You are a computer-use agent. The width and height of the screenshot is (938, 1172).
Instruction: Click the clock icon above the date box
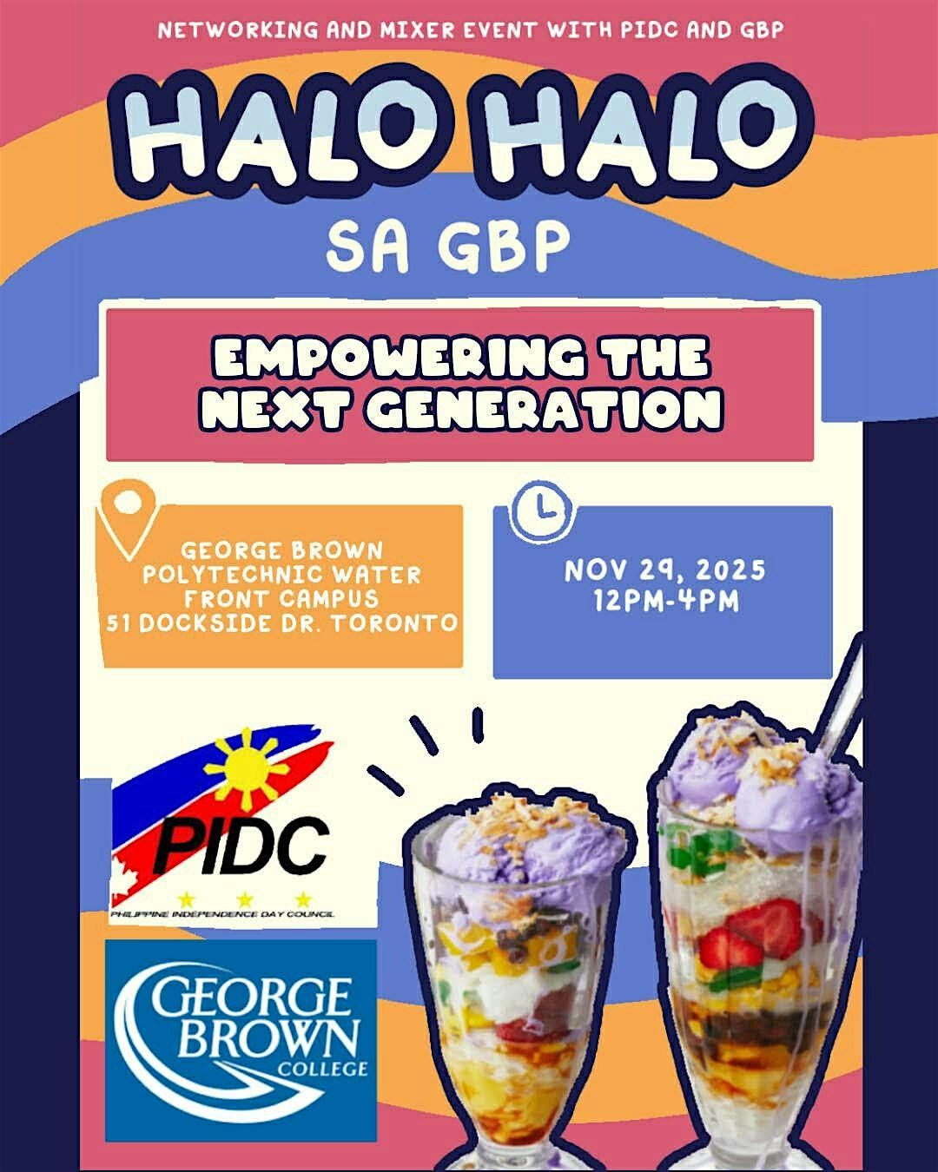pos(540,510)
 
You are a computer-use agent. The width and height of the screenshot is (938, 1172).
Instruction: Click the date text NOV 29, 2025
pos(664,571)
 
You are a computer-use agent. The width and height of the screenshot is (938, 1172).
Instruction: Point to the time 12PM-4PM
pos(664,601)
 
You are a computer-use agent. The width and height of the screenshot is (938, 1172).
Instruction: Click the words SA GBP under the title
pos(448,246)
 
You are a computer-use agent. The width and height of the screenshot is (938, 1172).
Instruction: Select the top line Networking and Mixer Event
pos(470,30)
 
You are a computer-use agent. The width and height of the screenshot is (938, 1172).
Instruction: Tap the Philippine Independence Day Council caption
pos(222,913)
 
